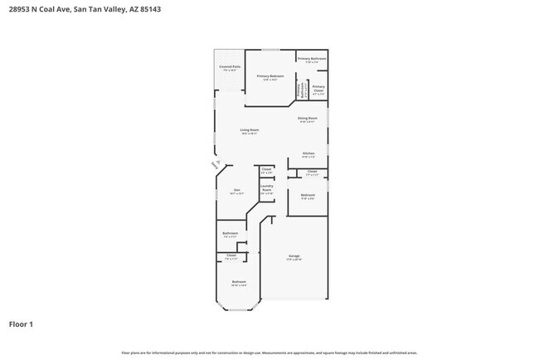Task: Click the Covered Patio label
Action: pos(230,66)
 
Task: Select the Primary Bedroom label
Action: pos(270,76)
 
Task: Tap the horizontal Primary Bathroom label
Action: pos(312,59)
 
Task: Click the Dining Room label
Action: pos(308,119)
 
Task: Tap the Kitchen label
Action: pos(308,153)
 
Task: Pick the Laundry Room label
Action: pos(266,188)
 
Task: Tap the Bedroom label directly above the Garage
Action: pos(308,196)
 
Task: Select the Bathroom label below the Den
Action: pos(231,234)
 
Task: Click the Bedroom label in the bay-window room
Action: pos(239,283)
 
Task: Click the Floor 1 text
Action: pos(21,324)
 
